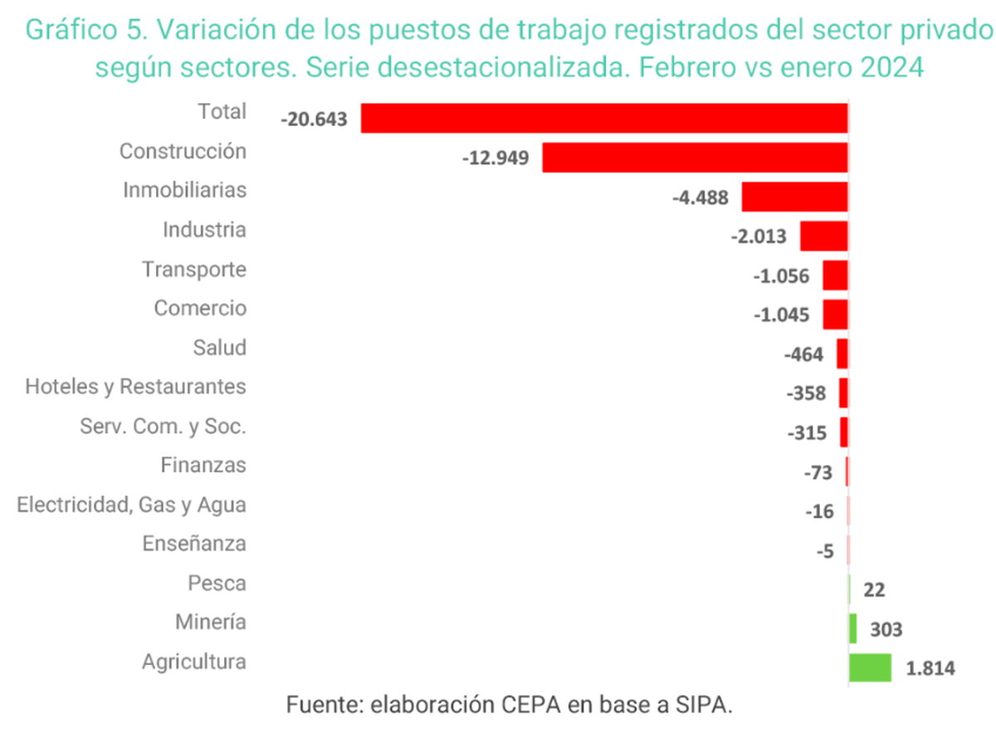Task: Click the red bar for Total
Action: pos(604,118)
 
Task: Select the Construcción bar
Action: pos(695,157)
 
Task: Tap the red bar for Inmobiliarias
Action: pos(794,197)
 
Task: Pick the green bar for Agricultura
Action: pos(870,667)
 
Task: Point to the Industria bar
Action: pos(823,236)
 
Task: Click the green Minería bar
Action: pos(852,628)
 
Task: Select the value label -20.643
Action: pos(313,119)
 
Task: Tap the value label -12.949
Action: pos(496,158)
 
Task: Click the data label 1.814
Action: pos(931,667)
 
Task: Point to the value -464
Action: pos(803,354)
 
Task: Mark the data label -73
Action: pos(818,472)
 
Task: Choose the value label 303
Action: pos(886,629)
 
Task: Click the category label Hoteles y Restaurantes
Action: pos(135,387)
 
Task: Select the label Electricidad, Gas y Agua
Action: pos(131,505)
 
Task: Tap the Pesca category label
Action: pos(217,584)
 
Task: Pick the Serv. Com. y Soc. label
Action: pos(163,427)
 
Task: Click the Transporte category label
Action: pos(193,270)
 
